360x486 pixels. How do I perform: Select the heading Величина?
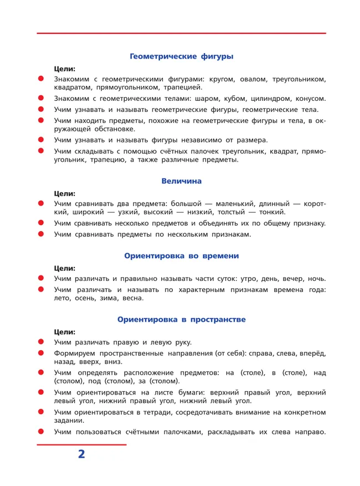181,181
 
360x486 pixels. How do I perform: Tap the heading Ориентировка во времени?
181,256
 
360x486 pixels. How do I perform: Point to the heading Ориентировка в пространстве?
181,319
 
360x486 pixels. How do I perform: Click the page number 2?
81,454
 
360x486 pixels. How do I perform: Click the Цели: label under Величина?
65,193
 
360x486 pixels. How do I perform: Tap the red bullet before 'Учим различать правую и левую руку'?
40,342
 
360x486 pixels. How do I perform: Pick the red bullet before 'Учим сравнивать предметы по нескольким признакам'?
40,234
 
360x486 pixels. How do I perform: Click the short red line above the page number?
81,444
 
